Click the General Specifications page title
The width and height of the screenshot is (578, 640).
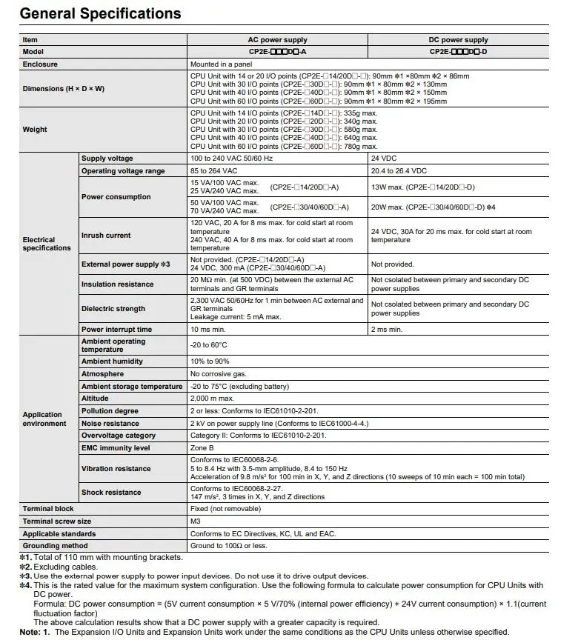(101, 13)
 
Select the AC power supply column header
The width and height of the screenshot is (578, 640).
(277, 40)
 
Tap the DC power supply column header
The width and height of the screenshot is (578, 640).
(459, 40)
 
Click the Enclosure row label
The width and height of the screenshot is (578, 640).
(40, 64)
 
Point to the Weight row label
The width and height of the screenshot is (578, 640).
(35, 130)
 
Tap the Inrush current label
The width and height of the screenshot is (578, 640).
(106, 236)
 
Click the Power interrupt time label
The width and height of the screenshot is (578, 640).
(116, 329)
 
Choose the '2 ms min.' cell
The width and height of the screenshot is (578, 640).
(387, 329)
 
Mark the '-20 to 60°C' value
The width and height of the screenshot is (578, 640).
(209, 345)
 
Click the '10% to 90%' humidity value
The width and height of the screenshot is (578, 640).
(209, 361)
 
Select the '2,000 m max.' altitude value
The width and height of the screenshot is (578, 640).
(213, 399)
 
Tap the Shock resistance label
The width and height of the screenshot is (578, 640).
(111, 493)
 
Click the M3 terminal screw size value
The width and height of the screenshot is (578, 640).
(196, 521)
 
